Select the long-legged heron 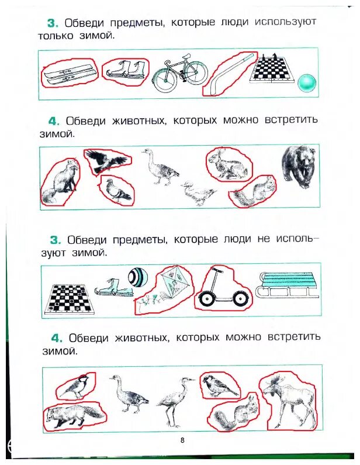point(172,398)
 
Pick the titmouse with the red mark point(76,387)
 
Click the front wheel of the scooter point(206,299)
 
